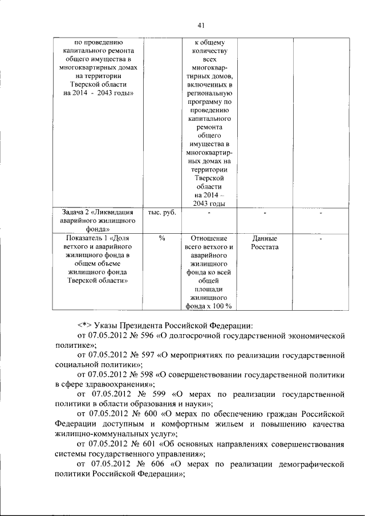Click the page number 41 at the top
point(201,25)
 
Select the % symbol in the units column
point(162,238)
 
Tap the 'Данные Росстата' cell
point(264,242)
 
